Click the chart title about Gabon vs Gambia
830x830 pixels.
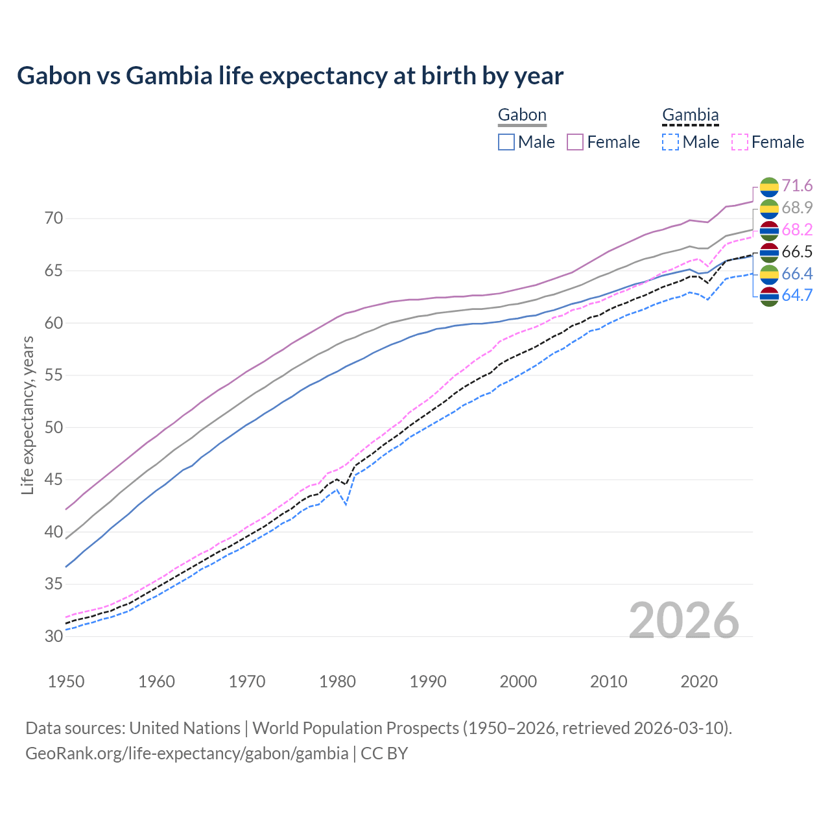(290, 76)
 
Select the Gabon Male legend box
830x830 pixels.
(506, 142)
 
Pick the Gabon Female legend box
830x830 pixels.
(576, 142)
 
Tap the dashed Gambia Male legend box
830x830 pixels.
(671, 142)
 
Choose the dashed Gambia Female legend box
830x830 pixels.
(740, 142)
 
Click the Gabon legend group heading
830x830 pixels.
(522, 115)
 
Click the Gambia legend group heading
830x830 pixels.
(690, 115)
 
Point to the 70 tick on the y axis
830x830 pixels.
(54, 219)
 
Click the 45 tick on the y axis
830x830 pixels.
(54, 480)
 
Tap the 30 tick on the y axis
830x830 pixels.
(54, 637)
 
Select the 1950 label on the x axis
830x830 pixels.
(66, 682)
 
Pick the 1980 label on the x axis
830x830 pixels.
(337, 682)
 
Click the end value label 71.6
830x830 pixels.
(797, 186)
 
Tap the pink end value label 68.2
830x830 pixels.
(797, 230)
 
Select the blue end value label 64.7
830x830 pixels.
(797, 296)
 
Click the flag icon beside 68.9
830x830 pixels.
(769, 209)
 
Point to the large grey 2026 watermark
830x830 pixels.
(683, 621)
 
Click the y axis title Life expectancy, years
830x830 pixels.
(27, 415)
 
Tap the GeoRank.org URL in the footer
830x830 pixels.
(187, 753)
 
